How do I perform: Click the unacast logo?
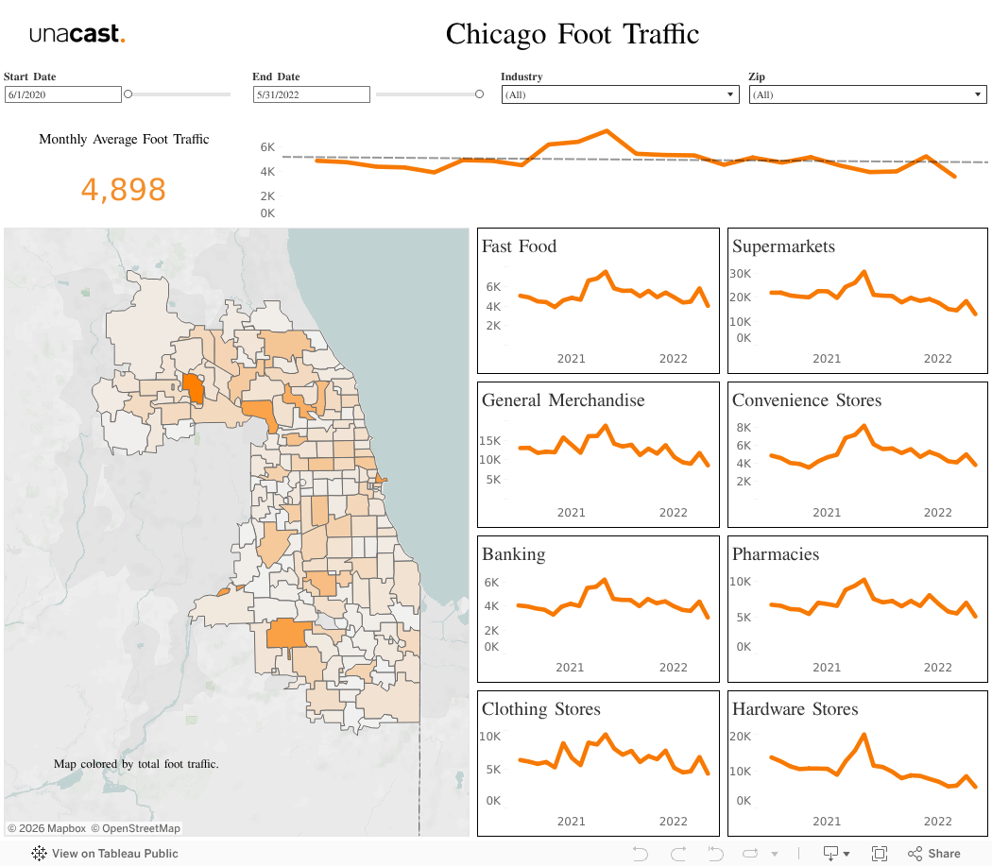tap(77, 35)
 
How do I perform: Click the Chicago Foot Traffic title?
tap(573, 34)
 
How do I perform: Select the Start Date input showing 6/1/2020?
tap(63, 94)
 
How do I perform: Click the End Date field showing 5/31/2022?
tap(311, 94)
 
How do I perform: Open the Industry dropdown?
tap(619, 94)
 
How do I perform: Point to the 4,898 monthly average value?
tap(124, 190)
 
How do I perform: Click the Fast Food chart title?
tap(519, 246)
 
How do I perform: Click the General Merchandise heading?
tap(563, 400)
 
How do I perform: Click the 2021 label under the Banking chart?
tap(570, 667)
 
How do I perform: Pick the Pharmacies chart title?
tap(775, 554)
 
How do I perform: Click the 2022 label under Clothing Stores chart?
tap(674, 822)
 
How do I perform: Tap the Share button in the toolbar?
tap(934, 854)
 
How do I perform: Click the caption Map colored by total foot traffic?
tap(136, 764)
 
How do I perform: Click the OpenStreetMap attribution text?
tap(141, 828)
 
